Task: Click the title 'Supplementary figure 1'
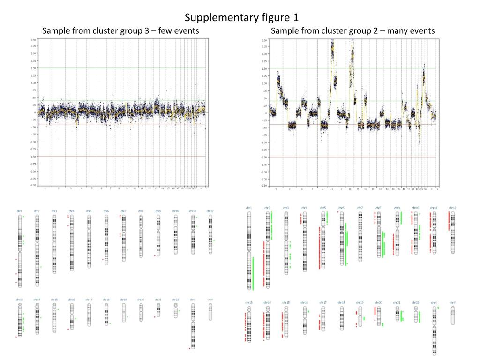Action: coord(241,18)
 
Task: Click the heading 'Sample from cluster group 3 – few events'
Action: coord(120,31)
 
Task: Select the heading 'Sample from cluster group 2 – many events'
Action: coord(352,31)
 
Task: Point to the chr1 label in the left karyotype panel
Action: coord(20,211)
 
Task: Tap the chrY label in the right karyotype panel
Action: coord(452,302)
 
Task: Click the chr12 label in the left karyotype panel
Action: coord(210,211)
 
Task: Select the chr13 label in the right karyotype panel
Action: coord(248,302)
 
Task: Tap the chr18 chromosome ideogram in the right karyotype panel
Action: coord(341,318)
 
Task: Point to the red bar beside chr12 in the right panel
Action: coord(449,220)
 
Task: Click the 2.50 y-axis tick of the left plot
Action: coord(32,39)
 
